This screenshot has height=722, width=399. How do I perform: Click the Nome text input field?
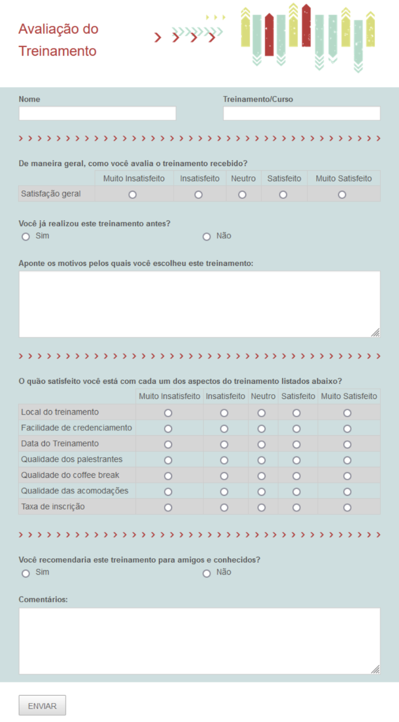point(97,114)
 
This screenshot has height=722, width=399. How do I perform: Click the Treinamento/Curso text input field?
point(302,114)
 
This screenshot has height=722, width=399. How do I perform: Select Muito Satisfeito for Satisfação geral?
point(342,194)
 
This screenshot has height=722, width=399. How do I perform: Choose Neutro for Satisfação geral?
point(242,194)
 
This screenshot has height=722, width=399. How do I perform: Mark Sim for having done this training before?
point(26,237)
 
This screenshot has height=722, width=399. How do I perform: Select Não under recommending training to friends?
point(207,573)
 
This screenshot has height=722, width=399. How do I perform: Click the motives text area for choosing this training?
point(199,304)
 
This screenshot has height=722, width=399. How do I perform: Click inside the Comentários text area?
point(199,641)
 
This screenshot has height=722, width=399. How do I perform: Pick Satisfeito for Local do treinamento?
point(296,413)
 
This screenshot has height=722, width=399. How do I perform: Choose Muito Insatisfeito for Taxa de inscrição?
point(168,508)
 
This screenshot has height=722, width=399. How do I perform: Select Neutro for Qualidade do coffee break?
point(261,476)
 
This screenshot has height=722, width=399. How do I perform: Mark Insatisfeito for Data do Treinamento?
point(224,445)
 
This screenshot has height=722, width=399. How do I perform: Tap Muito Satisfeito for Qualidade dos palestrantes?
point(347,460)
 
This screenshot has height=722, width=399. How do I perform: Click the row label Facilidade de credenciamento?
point(77,428)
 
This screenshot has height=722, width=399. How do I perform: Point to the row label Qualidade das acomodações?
point(75,491)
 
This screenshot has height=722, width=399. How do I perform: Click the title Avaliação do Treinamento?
point(58,40)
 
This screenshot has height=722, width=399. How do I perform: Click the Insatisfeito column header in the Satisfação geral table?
point(199,178)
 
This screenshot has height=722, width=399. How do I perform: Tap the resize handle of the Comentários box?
point(375,669)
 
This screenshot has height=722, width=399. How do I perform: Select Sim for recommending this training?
point(26,573)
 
